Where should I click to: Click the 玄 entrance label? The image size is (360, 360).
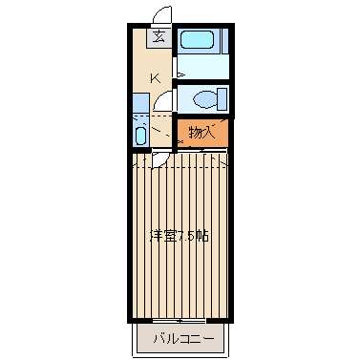pos(159,37)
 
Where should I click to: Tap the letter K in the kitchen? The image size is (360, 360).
pos(156,78)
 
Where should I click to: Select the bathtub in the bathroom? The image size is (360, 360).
pos(197,40)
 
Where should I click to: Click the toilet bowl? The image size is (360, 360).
pos(205,98)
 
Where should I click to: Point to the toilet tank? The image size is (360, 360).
pos(222,98)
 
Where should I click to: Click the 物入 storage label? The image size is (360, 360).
pos(201,133)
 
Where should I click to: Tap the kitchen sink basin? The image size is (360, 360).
pos(140,136)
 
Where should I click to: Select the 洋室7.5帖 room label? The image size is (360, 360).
pos(180,236)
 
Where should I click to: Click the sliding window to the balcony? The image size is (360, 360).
pos(180,321)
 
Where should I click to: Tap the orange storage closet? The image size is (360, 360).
pos(202,133)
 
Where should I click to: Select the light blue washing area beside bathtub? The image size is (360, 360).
pos(203,67)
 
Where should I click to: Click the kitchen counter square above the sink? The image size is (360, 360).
pos(141,103)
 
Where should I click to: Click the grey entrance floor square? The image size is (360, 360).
pos(159,38)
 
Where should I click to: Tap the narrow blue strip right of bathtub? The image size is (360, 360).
pos(225,41)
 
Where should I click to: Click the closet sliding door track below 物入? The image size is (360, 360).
pos(202,149)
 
